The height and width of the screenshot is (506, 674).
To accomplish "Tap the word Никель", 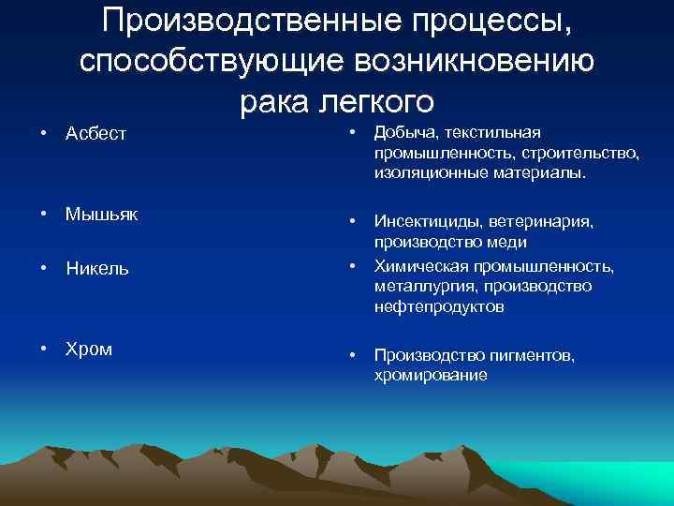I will click(x=97, y=268).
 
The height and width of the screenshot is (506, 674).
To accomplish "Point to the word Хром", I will click(x=88, y=349).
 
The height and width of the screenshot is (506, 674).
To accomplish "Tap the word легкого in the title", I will click(x=377, y=99).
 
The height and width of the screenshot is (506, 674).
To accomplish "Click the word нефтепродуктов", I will click(x=439, y=306).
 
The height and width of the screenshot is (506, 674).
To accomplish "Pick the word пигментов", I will click(x=531, y=355).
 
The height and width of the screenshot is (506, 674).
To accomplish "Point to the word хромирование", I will click(x=431, y=375).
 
